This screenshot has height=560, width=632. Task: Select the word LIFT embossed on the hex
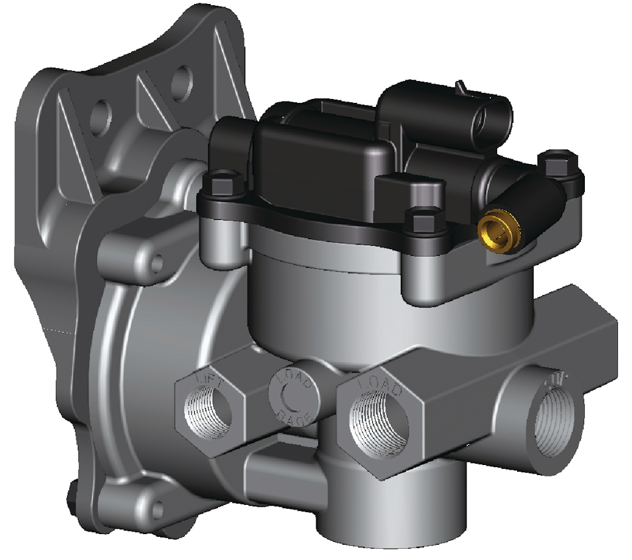[207, 382]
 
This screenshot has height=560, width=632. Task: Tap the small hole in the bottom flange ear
[157, 510]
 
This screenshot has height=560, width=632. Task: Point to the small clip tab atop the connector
[459, 87]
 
